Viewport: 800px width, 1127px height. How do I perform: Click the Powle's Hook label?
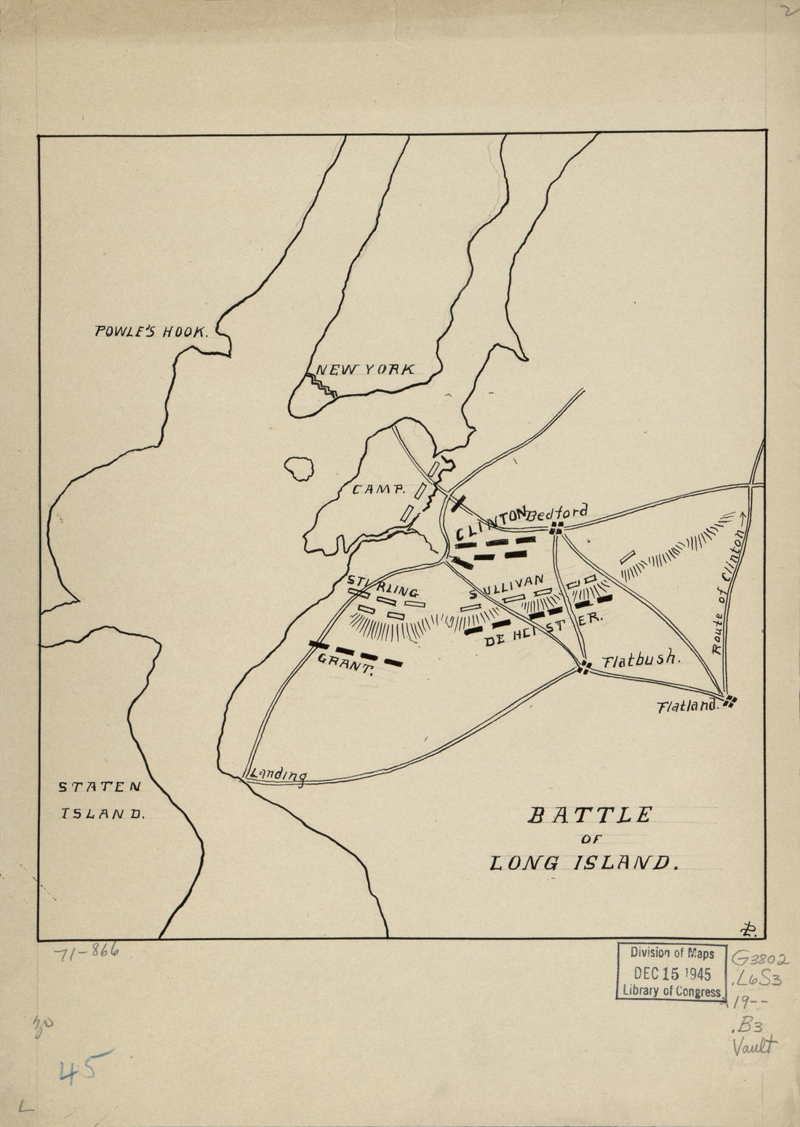click(x=151, y=332)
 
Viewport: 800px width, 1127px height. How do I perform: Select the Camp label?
click(x=377, y=490)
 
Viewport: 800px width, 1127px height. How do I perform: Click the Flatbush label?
click(x=640, y=660)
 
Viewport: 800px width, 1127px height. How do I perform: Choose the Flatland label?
click(x=688, y=705)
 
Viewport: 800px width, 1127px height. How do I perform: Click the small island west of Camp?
click(x=298, y=468)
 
